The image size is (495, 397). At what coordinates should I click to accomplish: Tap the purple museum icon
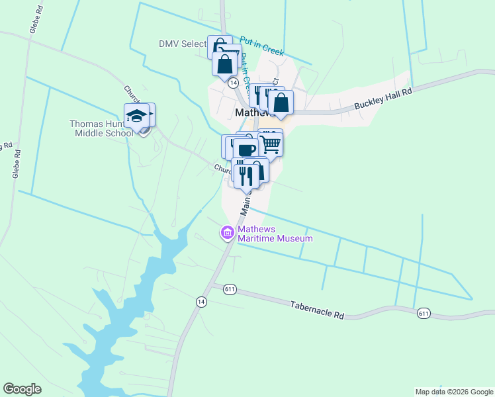[227, 232]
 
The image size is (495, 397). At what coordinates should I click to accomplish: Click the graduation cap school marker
[136, 115]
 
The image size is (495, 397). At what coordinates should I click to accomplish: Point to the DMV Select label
[183, 44]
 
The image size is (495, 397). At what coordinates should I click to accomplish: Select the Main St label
[246, 203]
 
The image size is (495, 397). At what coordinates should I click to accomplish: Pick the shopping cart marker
[271, 142]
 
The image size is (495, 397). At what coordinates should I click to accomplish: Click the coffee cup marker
[246, 150]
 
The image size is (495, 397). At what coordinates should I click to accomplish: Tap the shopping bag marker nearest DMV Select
[224, 64]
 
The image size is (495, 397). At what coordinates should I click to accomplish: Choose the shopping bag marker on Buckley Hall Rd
[281, 103]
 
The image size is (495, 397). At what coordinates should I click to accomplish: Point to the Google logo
[22, 389]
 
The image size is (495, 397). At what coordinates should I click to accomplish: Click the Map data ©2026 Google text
[454, 392]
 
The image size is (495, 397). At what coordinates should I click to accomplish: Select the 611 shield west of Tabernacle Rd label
[230, 289]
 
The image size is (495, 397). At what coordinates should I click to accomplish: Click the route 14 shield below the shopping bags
[233, 83]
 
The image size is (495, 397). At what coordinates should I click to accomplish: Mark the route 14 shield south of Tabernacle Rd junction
[201, 302]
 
